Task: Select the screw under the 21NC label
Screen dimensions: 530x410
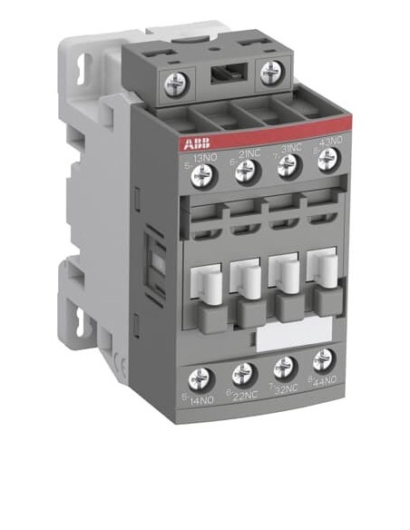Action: click(x=243, y=170)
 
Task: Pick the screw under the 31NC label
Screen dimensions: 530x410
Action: click(x=288, y=164)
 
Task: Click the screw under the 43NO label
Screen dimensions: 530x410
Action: click(x=328, y=159)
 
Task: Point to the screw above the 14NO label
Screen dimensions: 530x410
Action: click(x=201, y=378)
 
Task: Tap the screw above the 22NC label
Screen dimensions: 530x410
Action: click(x=243, y=372)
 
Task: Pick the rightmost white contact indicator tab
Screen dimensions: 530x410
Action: click(x=322, y=261)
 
